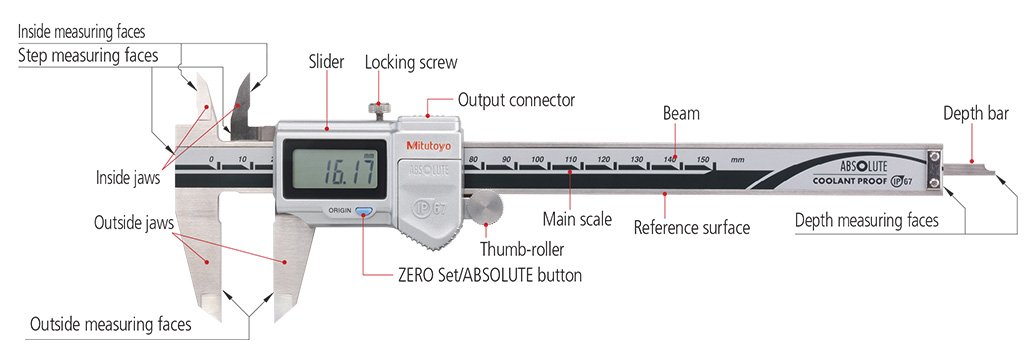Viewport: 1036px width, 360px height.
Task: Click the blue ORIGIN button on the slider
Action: (362, 212)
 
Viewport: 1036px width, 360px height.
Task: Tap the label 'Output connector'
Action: (516, 100)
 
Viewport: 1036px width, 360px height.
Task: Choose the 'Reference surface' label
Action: (692, 228)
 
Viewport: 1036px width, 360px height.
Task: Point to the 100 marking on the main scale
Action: (538, 160)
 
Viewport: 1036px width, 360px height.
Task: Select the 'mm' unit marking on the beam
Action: (738, 160)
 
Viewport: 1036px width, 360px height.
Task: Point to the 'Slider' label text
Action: (327, 62)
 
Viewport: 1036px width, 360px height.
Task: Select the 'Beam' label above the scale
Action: (681, 114)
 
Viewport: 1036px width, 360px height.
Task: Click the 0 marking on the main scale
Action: (212, 160)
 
